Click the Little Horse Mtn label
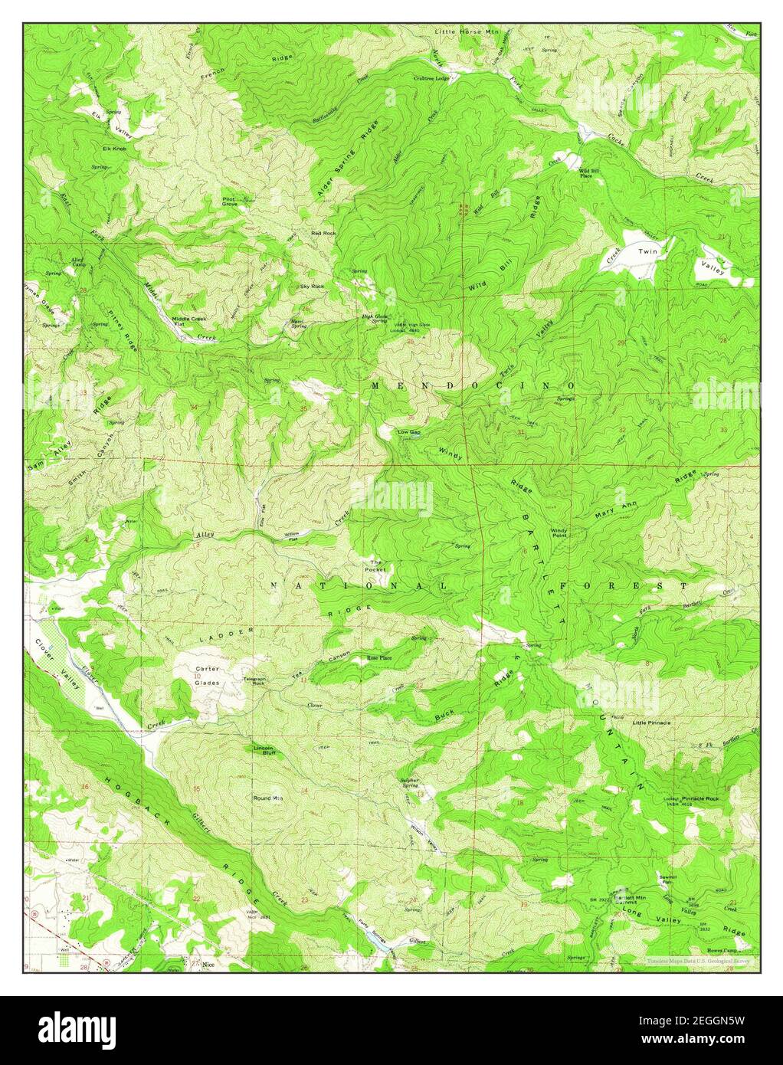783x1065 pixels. click(x=466, y=32)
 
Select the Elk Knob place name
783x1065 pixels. click(x=114, y=147)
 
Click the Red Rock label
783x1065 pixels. click(x=323, y=233)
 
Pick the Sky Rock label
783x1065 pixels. click(x=312, y=286)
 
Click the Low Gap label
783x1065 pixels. click(x=409, y=432)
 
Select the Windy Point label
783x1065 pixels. click(x=559, y=533)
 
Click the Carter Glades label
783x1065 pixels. click(x=207, y=675)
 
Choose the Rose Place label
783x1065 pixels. click(x=379, y=657)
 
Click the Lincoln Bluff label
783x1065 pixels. click(x=264, y=750)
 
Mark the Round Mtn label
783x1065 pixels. click(x=268, y=798)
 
